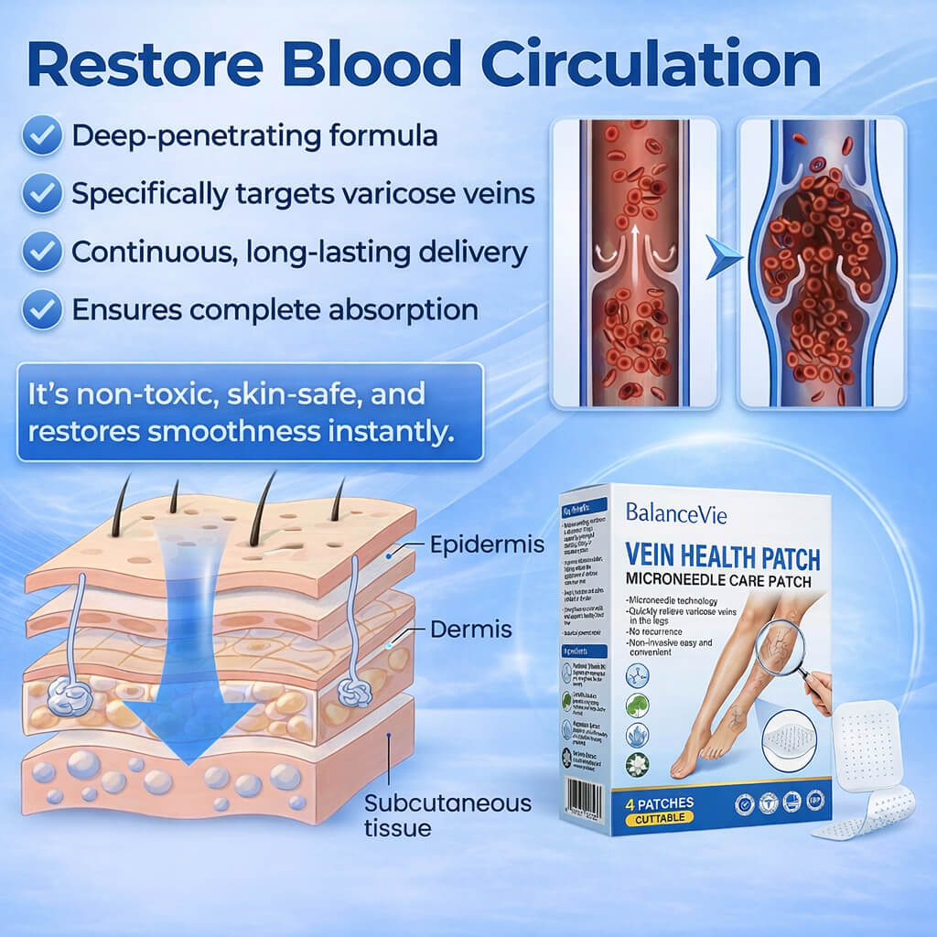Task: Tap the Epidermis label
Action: point(487,545)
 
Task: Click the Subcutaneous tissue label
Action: point(447,815)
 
